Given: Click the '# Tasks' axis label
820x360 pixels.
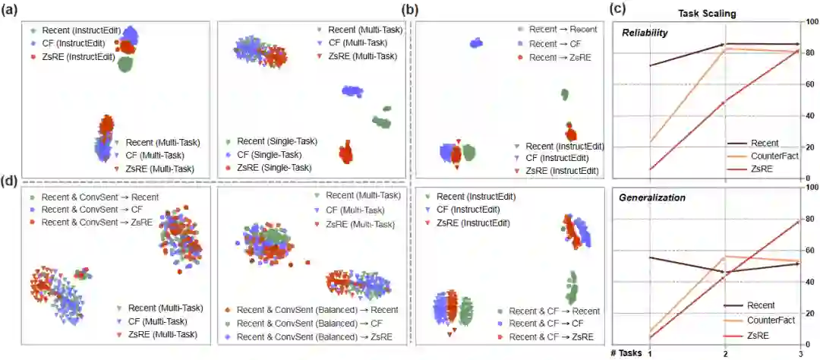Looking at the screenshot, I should [x=627, y=352].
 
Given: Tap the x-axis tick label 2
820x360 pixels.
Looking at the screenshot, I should [x=725, y=352].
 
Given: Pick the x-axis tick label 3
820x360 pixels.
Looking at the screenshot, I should [x=799, y=352].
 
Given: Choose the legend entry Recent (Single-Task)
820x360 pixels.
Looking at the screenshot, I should [x=276, y=141].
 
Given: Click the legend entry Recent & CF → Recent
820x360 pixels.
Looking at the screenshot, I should [x=553, y=311].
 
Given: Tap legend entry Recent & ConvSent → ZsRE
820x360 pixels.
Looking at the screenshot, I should [x=96, y=221].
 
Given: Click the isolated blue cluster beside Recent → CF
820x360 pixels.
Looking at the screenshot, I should [x=477, y=43].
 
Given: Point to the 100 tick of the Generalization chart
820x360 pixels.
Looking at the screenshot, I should [x=810, y=186].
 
